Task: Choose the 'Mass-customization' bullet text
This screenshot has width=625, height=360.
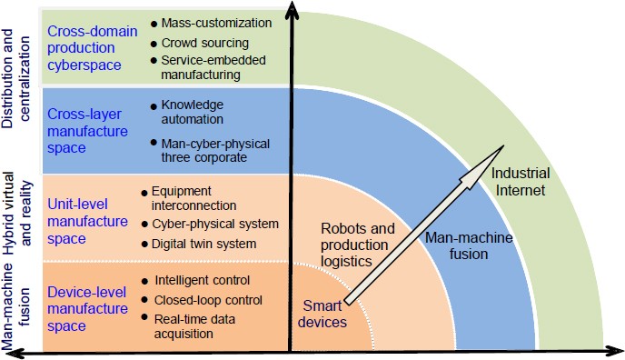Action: pyautogui.click(x=215, y=22)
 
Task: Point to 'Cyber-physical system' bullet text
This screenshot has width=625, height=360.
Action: pyautogui.click(x=215, y=224)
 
